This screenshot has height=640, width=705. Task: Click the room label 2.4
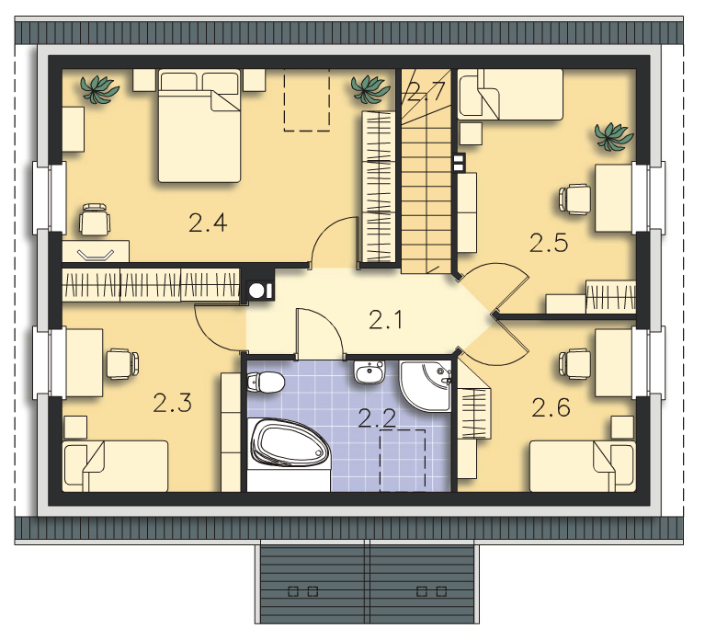208,223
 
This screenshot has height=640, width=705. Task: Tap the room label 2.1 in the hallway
385,320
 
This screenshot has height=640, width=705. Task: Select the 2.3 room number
173,403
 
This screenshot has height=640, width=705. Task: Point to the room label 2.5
549,243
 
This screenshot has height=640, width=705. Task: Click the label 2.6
551,407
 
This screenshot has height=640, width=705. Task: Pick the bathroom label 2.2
377,418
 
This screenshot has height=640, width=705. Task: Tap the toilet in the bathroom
266,383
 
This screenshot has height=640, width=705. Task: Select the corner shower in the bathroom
426,385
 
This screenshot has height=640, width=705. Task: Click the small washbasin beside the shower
370,371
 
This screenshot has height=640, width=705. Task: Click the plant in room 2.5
613,136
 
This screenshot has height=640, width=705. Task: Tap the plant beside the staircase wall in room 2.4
370,88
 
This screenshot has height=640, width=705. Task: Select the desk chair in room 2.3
122,363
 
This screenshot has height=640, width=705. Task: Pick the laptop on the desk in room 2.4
96,254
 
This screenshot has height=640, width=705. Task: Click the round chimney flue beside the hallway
257,291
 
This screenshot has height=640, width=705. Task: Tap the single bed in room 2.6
583,466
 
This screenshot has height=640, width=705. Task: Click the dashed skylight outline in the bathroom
403,460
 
